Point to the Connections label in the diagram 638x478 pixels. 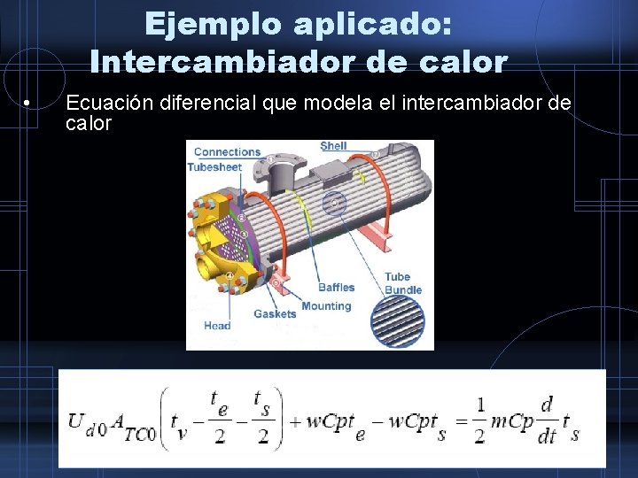click(x=227, y=152)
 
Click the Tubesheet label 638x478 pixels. click(x=214, y=167)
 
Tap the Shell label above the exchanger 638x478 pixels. click(x=333, y=146)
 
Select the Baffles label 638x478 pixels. click(x=336, y=288)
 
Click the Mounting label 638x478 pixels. click(x=326, y=306)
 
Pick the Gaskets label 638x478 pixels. click(x=275, y=313)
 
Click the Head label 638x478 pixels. click(x=217, y=326)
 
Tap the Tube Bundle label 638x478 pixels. click(x=403, y=283)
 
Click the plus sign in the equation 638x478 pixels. click(x=295, y=421)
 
